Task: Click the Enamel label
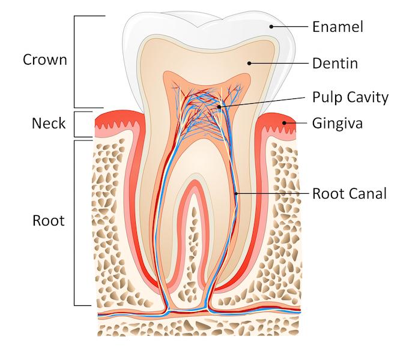338,26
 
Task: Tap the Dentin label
335,62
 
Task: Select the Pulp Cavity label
351,97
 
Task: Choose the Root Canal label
349,193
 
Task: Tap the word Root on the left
48,220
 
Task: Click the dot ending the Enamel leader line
271,26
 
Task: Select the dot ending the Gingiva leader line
286,124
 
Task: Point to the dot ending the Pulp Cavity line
220,107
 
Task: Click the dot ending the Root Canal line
236,193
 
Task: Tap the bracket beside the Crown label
74,61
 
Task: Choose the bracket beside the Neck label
74,124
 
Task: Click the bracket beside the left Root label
74,223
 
